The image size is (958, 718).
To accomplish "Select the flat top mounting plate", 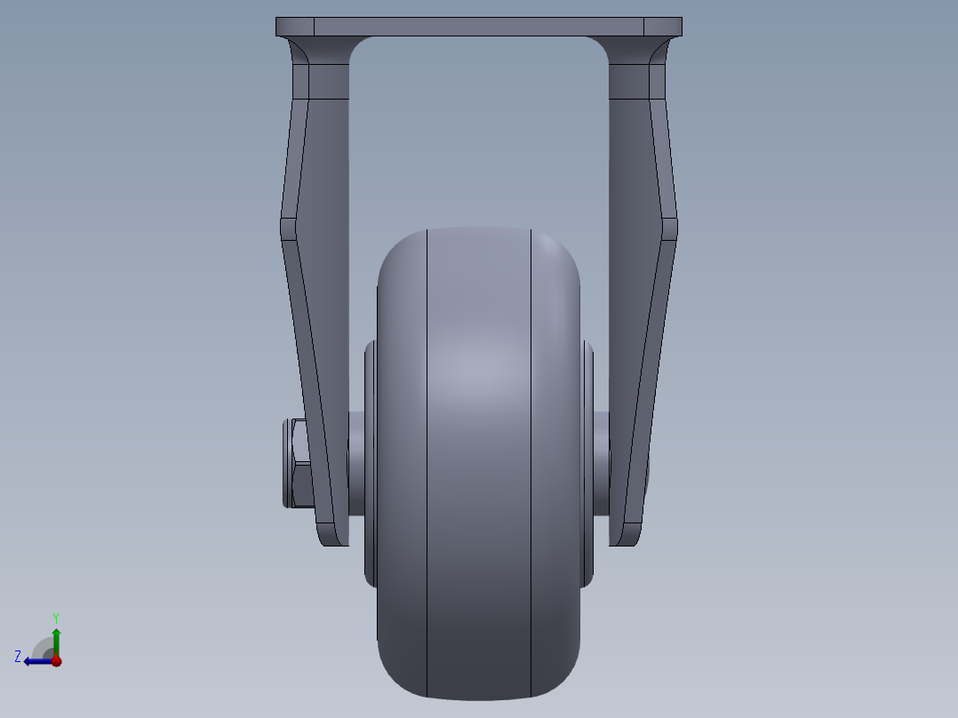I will [x=478, y=27].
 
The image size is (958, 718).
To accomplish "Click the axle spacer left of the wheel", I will [x=357, y=463].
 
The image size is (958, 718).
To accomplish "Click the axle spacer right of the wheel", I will [x=599, y=463].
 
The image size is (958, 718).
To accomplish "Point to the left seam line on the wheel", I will [x=427, y=462].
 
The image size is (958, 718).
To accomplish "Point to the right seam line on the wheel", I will [x=531, y=462].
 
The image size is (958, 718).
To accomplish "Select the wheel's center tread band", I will [x=479, y=462].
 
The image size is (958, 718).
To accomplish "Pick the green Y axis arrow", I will [x=56, y=640].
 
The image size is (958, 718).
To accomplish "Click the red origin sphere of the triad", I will [x=56, y=660].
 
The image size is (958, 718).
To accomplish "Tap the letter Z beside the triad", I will [x=18, y=657].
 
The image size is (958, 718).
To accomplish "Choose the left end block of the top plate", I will [x=294, y=27].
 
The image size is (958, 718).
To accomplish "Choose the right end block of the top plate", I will [x=662, y=27].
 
